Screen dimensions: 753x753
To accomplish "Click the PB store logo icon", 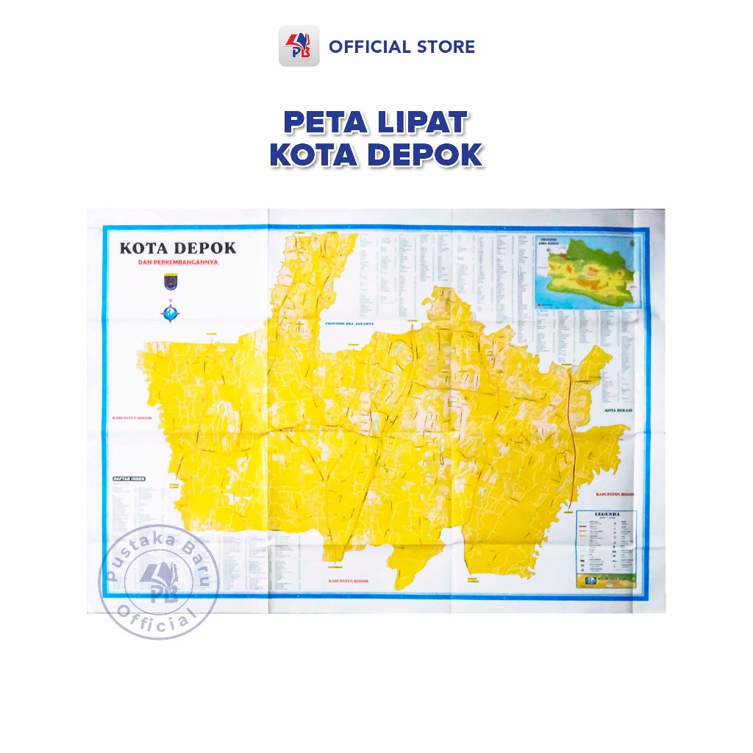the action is [299, 46].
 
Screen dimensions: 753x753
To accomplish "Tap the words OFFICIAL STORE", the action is [402, 47].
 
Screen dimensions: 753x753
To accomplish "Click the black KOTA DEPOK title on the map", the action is [178, 248].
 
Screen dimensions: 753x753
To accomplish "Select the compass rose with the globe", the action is [170, 313].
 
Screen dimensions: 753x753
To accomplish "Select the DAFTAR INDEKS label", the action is [129, 479].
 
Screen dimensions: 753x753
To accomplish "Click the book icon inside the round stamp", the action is [157, 577].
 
